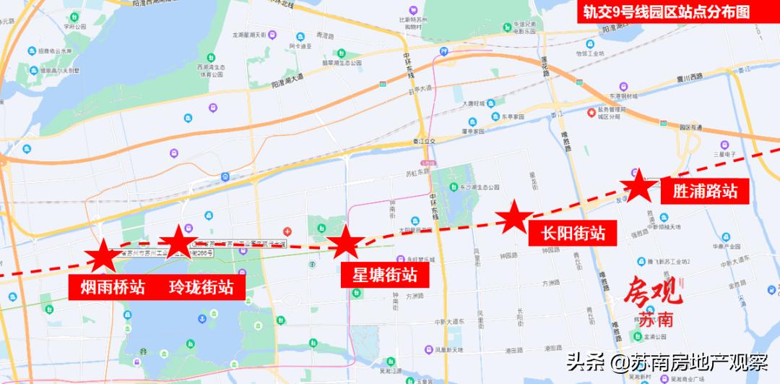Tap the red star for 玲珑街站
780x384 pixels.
(177, 240)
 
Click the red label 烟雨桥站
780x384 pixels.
(107, 287)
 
